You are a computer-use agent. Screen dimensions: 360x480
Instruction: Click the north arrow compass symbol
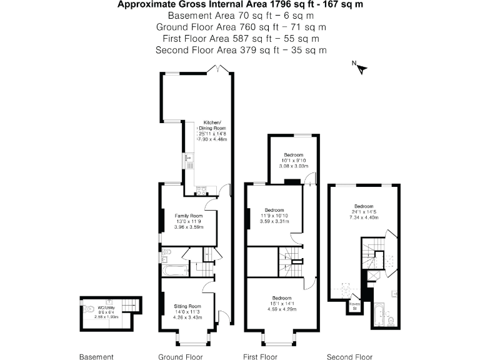tap(359, 67)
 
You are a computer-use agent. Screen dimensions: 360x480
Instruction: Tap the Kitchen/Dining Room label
tap(209, 126)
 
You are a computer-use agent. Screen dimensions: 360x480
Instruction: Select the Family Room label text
tap(187, 216)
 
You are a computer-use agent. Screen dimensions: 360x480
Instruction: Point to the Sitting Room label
tap(187, 306)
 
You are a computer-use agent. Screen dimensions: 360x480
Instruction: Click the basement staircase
tap(129, 305)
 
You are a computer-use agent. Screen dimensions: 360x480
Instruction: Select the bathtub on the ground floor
tap(174, 271)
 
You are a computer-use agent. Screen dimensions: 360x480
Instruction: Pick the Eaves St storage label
tap(354, 306)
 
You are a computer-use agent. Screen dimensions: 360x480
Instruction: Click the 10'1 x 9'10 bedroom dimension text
tap(293, 160)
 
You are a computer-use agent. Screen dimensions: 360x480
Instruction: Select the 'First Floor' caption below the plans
tap(260, 357)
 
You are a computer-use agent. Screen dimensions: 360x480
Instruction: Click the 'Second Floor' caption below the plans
tap(350, 357)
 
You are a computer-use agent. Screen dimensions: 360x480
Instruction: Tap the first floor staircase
tap(289, 262)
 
